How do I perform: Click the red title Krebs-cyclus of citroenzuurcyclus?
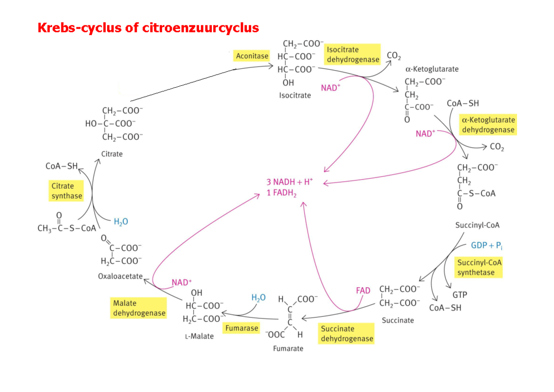pyautogui.click(x=148, y=28)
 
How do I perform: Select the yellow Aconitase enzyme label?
pyautogui.click(x=252, y=56)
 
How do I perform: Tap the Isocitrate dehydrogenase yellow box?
pyautogui.click(x=353, y=54)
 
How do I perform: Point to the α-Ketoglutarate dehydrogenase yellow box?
pyautogui.click(x=488, y=125)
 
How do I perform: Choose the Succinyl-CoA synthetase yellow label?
pyautogui.click(x=479, y=267)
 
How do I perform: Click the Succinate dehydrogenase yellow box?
pyautogui.click(x=347, y=333)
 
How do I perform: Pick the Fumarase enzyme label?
pyautogui.click(x=241, y=328)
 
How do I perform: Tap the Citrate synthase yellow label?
pyautogui.click(x=66, y=191)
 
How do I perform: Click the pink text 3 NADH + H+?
pyautogui.click(x=289, y=182)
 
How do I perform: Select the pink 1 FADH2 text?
pyautogui.click(x=282, y=193)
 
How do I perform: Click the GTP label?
pyautogui.click(x=459, y=295)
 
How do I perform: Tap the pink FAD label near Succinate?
pyautogui.click(x=363, y=290)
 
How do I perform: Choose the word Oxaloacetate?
pyautogui.click(x=120, y=276)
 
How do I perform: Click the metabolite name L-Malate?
pyautogui.click(x=199, y=336)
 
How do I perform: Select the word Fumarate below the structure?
pyautogui.click(x=288, y=348)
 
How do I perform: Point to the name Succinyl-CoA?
pyautogui.click(x=477, y=226)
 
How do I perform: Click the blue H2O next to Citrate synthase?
pyautogui.click(x=121, y=222)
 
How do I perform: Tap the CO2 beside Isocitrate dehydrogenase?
pyautogui.click(x=394, y=56)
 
